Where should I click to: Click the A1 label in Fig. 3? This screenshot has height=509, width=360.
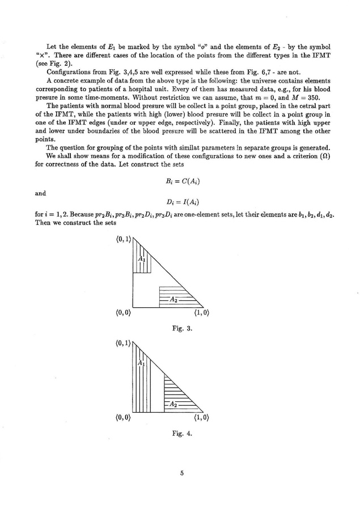pyautogui.click(x=142, y=260)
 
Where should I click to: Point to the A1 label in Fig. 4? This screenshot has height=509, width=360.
pyautogui.click(x=142, y=363)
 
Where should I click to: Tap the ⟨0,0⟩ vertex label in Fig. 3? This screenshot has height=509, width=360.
pyautogui.click(x=123, y=312)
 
